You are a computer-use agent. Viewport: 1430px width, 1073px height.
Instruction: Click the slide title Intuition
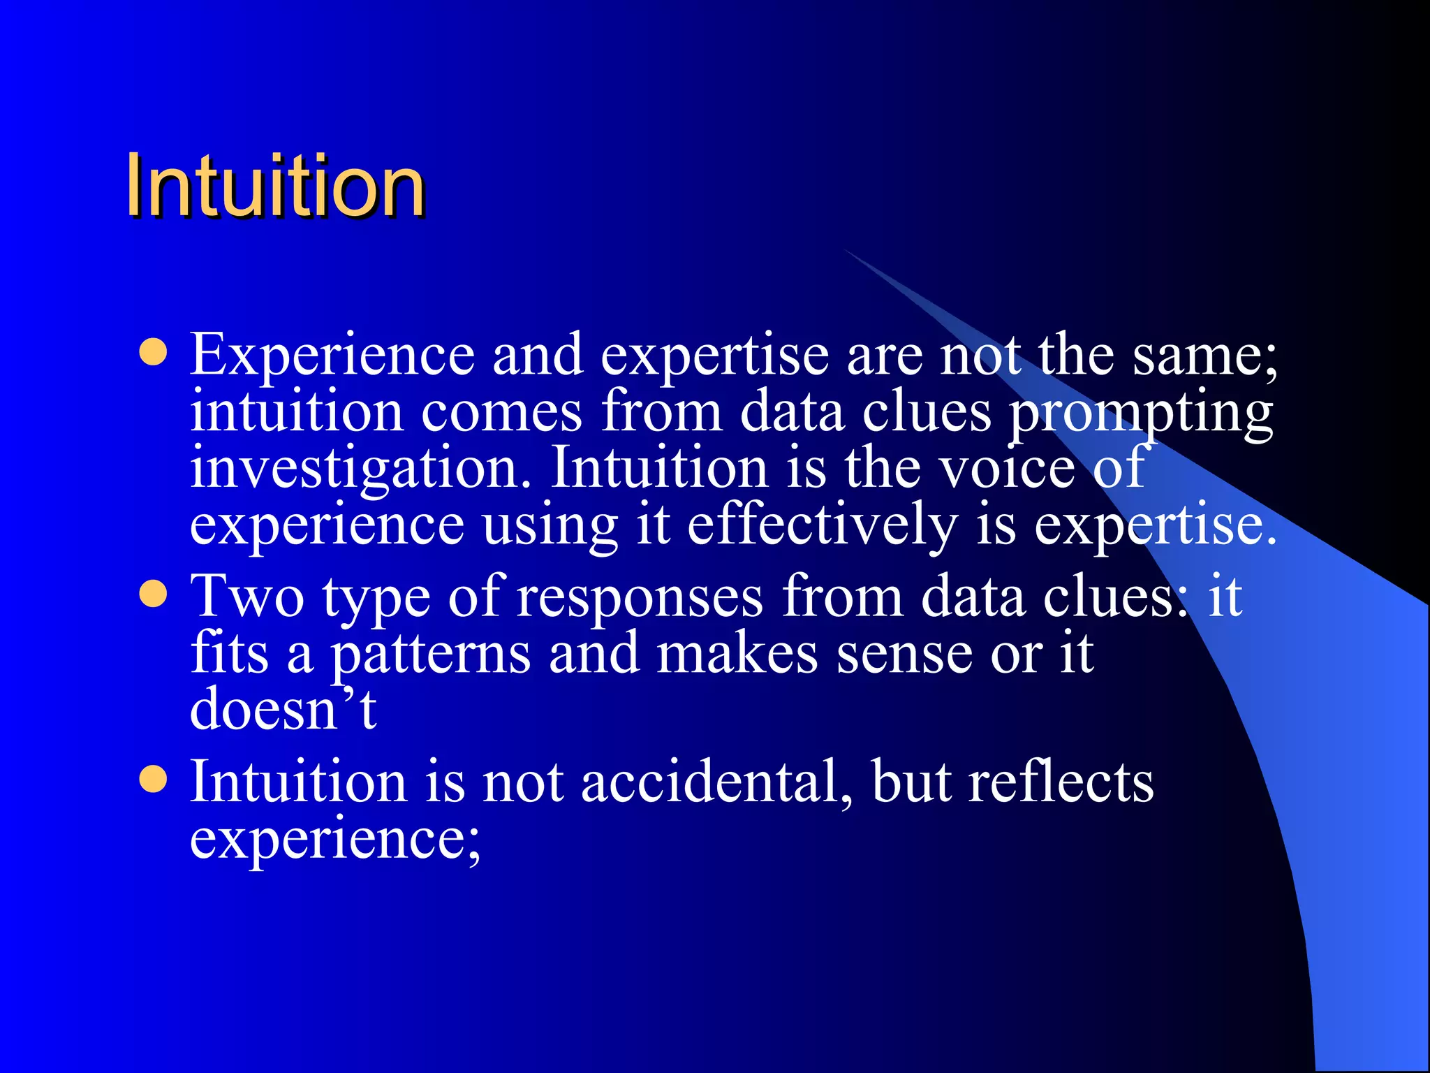[276, 187]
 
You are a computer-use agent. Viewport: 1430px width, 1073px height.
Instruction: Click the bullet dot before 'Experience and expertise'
[153, 353]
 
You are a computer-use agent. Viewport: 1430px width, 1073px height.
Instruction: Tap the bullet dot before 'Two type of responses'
[153, 595]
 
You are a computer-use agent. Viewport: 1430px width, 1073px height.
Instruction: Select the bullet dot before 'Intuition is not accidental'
[153, 780]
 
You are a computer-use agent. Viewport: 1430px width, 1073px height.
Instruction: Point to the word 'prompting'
[1142, 414]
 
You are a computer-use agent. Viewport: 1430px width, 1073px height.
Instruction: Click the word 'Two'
[248, 598]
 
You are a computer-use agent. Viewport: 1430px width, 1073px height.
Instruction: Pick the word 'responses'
[640, 598]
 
